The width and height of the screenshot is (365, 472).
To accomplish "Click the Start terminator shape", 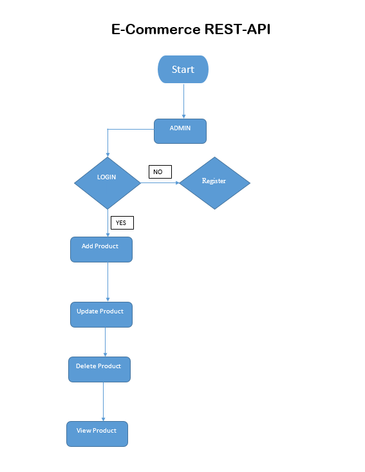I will pyautogui.click(x=183, y=69).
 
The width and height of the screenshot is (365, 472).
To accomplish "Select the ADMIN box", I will pyautogui.click(x=180, y=131).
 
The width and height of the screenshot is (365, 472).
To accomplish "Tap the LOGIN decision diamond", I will pyautogui.click(x=108, y=182).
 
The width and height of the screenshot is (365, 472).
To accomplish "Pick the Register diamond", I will pyautogui.click(x=214, y=182).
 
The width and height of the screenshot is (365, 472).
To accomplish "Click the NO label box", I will pyautogui.click(x=160, y=172).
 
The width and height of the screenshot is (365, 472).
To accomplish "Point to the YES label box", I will pyautogui.click(x=122, y=223).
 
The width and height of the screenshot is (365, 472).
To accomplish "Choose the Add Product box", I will pyautogui.click(x=101, y=250).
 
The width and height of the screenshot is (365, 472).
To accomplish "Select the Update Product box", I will pyautogui.click(x=101, y=315).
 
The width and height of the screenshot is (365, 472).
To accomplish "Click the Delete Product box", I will pyautogui.click(x=99, y=369).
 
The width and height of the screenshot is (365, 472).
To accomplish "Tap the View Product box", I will pyautogui.click(x=97, y=434).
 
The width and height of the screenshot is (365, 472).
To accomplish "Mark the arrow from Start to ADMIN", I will pyautogui.click(x=183, y=101).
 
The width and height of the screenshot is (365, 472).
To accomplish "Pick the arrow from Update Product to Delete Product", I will pyautogui.click(x=105, y=342).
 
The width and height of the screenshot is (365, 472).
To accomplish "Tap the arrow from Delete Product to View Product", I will pyautogui.click(x=103, y=401).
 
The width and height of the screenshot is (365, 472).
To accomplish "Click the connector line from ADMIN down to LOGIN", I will pyautogui.click(x=108, y=142).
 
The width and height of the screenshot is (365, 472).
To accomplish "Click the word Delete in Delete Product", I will pyautogui.click(x=86, y=366).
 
